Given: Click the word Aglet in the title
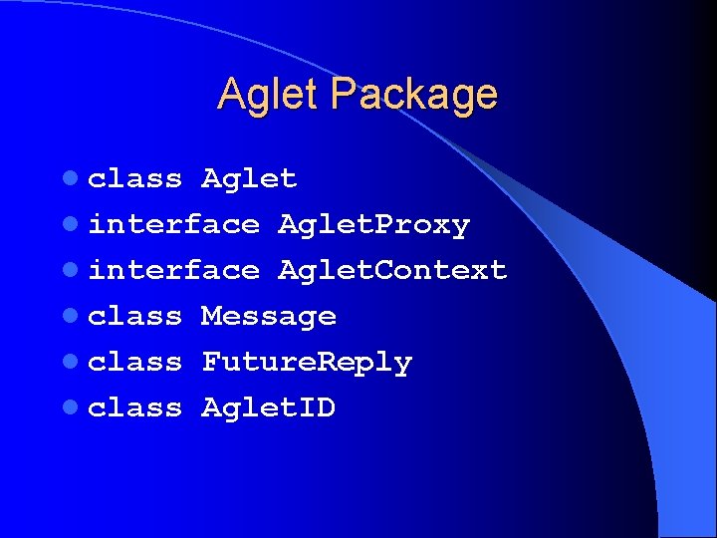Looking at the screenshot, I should pos(269,95).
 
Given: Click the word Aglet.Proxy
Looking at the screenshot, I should pos(373,226).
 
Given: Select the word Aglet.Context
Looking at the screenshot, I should pos(392,271).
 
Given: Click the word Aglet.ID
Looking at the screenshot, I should pos(269,408).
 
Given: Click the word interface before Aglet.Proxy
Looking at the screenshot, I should pos(173,225).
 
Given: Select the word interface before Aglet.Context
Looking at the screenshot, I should pos(173,271).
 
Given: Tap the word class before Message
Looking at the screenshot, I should pos(135,317).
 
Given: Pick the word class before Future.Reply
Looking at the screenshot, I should pos(135,363).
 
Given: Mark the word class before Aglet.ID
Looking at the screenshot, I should pos(135,408).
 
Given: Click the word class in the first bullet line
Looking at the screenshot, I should pos(135,179).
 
